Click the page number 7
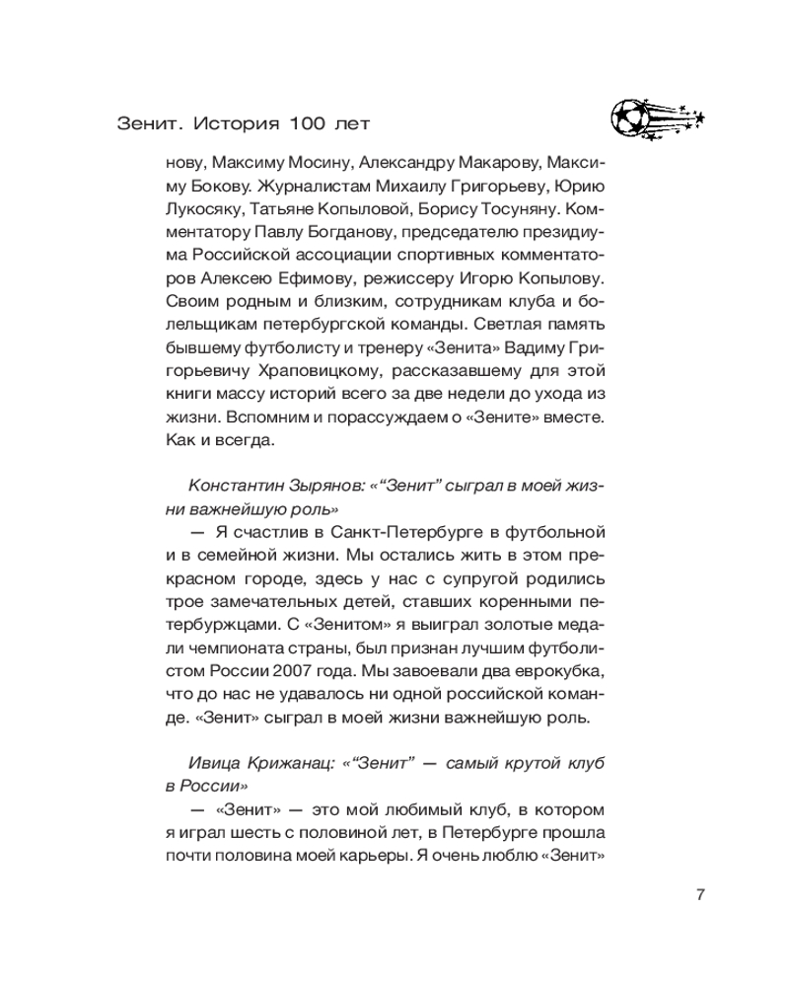[699, 895]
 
